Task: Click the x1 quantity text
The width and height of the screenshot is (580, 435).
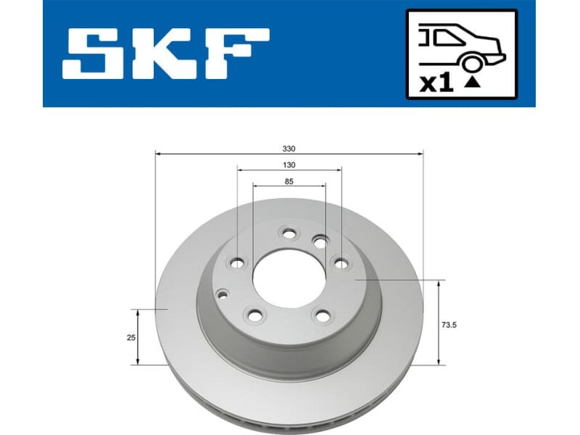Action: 436,83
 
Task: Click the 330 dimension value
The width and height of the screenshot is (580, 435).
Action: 289,149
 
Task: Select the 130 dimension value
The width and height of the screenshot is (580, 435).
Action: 289,165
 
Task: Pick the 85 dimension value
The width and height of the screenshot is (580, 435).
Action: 289,181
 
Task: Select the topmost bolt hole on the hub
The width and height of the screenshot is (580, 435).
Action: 289,233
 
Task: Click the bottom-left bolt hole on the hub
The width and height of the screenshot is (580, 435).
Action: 254,315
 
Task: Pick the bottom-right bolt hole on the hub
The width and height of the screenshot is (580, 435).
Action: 321,315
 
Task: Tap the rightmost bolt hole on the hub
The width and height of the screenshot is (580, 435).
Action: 339,262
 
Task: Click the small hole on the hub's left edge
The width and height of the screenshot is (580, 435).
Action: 222,293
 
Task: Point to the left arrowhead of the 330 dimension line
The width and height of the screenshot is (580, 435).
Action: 159,154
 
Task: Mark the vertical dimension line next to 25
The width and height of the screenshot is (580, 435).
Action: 139,337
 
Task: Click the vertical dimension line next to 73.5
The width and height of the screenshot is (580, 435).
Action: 438,322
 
